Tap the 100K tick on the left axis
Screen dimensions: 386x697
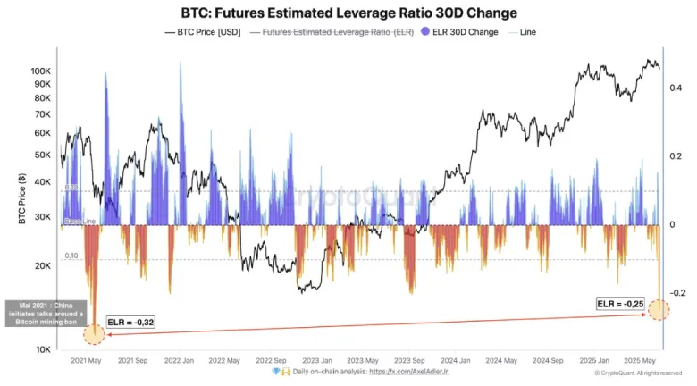(x=40, y=71)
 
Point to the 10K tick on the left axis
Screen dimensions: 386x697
(x=42, y=349)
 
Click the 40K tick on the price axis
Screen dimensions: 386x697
(x=42, y=181)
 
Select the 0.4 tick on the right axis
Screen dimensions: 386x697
(x=676, y=88)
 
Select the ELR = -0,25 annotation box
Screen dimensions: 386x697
(x=619, y=304)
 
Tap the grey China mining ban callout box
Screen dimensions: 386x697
(x=46, y=315)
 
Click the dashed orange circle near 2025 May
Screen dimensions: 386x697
(x=659, y=310)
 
